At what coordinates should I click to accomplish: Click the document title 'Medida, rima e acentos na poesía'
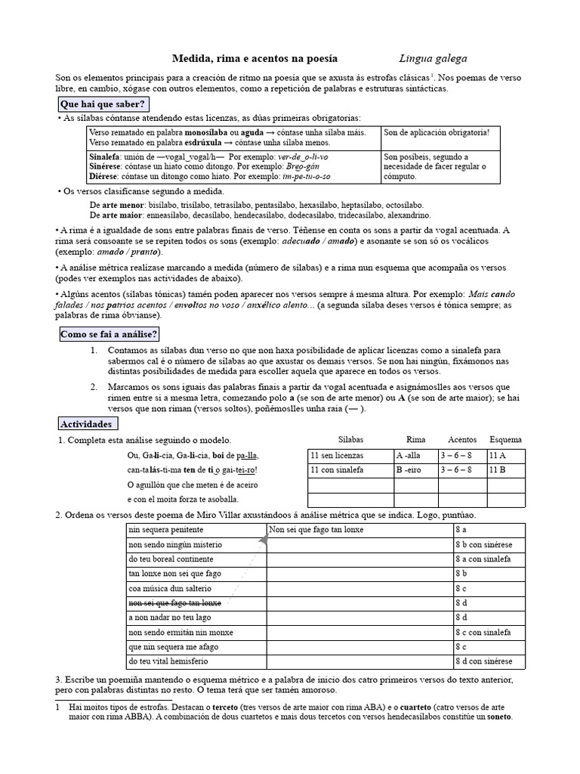pyautogui.click(x=255, y=58)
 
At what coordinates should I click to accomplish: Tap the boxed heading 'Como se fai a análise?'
pyautogui.click(x=109, y=334)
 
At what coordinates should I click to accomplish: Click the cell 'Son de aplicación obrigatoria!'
pyautogui.click(x=437, y=133)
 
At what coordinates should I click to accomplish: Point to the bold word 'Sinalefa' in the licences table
pyautogui.click(x=106, y=156)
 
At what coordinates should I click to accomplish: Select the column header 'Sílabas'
pyautogui.click(x=350, y=439)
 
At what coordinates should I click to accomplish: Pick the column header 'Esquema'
pyautogui.click(x=505, y=439)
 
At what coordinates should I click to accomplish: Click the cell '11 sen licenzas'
pyautogui.click(x=337, y=456)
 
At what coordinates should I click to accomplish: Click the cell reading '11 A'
pyautogui.click(x=497, y=456)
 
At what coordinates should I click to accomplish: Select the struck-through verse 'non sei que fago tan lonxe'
pyautogui.click(x=175, y=602)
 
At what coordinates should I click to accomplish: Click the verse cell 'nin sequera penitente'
pyautogui.click(x=166, y=530)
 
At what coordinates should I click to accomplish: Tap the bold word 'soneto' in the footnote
pyautogui.click(x=499, y=716)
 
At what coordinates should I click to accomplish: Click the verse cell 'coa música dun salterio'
pyautogui.click(x=170, y=588)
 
